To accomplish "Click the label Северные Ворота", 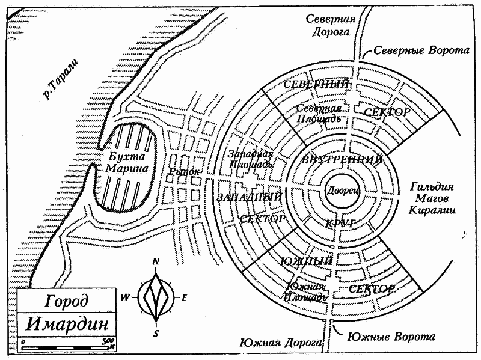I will tap(421, 51).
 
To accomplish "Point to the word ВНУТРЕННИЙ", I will tap(342, 160).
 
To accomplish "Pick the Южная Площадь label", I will tap(307, 291).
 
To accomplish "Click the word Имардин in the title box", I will tap(68, 325).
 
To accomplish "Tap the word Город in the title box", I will tap(67, 301).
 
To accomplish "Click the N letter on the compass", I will tap(156, 261).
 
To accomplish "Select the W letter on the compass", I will tap(126, 297).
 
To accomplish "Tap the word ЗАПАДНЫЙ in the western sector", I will tap(250, 197).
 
